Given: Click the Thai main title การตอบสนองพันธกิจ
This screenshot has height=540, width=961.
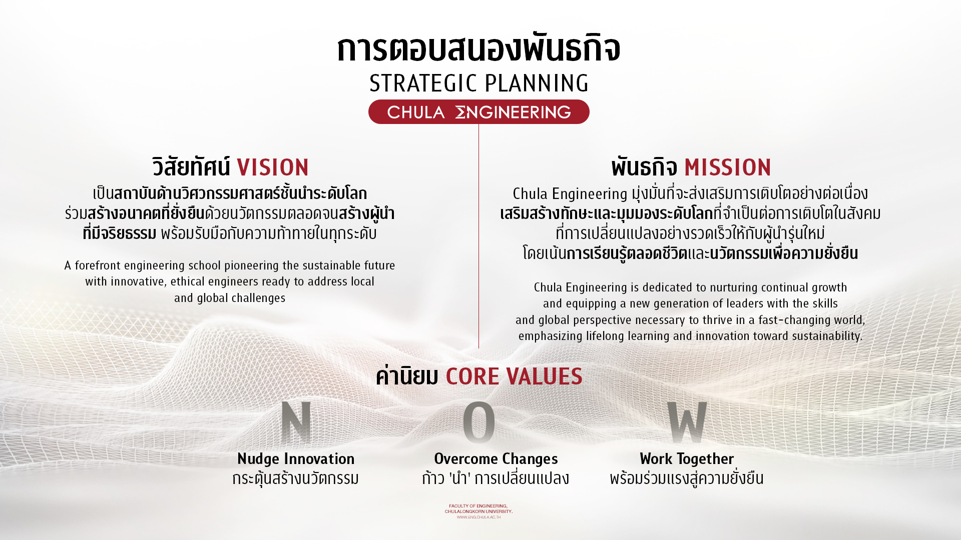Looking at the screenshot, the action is pyautogui.click(x=479, y=48).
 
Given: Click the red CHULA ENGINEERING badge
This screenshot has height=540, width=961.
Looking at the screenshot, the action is pyautogui.click(x=479, y=111).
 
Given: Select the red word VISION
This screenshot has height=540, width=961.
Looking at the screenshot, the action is pyautogui.click(x=273, y=167).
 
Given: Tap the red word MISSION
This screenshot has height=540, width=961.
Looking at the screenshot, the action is pyautogui.click(x=728, y=167).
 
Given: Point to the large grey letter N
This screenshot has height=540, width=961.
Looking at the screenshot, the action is pyautogui.click(x=296, y=422).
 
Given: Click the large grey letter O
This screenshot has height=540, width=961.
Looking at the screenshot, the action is pyautogui.click(x=479, y=422).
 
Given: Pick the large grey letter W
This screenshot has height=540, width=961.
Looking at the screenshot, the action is pyautogui.click(x=687, y=422).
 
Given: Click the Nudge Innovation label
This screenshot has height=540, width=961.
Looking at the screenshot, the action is pyautogui.click(x=296, y=458).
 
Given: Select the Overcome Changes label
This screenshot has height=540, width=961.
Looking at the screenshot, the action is pyautogui.click(x=496, y=458).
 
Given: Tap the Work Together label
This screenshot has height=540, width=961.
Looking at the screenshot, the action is pyautogui.click(x=687, y=458).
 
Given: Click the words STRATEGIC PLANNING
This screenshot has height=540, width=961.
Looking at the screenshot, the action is pyautogui.click(x=479, y=83).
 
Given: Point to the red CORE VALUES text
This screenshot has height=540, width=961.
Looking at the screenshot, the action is pyautogui.click(x=514, y=376).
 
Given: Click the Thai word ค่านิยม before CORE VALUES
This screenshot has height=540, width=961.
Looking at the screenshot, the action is pyautogui.click(x=407, y=376).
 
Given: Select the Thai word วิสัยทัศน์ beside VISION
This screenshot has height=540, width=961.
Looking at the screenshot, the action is pyautogui.click(x=191, y=167).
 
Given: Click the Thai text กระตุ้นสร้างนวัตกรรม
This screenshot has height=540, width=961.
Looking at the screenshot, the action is pyautogui.click(x=296, y=478).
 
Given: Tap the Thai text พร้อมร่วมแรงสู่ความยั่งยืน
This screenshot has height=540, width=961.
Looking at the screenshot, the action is pyautogui.click(x=687, y=478).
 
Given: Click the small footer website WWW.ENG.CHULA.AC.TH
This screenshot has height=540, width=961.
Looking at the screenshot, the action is pyautogui.click(x=478, y=517).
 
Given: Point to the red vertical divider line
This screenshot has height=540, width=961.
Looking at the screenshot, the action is pyautogui.click(x=479, y=236).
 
